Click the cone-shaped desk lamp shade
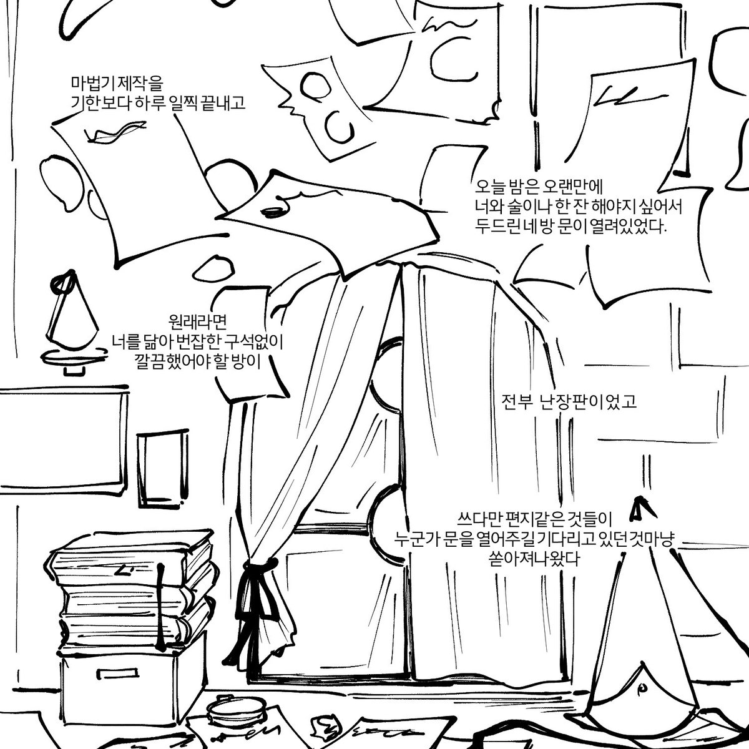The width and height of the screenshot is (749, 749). tap(72, 311)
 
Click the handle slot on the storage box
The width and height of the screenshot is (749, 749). tap(117, 672)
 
